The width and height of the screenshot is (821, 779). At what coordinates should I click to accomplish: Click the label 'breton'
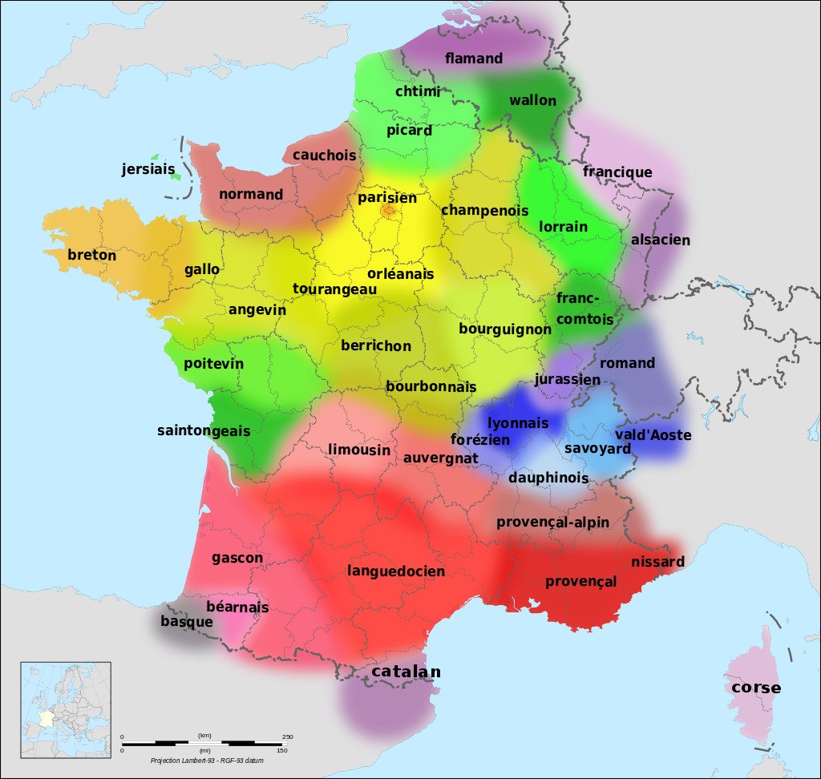pos(91,256)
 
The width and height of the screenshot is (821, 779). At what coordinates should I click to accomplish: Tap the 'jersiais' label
pos(148,169)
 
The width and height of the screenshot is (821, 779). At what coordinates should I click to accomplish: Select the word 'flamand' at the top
pos(474,59)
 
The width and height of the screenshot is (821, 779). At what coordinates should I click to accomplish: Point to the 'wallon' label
pos(532,100)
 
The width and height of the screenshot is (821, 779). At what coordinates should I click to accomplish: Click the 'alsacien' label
pos(660,240)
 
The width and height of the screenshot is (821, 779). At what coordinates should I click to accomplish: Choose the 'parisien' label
pos(387,197)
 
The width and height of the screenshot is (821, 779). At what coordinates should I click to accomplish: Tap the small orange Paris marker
pos(389,212)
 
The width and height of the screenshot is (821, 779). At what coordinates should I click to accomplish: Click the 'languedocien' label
pos(396,571)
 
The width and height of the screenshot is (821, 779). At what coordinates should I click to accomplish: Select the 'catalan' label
pos(406,672)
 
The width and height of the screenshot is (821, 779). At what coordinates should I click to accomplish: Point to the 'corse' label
pos(755,688)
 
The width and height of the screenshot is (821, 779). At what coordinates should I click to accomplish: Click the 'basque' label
pos(187,621)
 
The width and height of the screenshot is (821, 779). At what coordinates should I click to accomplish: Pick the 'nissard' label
pos(657,562)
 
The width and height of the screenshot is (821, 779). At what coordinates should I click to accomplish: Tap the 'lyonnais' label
pos(518,423)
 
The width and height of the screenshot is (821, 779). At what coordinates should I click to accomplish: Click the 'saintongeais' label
pos(204,430)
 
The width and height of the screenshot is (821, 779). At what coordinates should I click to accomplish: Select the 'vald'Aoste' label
pos(653,434)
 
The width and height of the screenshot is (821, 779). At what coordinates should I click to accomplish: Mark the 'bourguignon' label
pos(505,329)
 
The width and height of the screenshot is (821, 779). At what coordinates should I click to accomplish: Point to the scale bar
pos(204,742)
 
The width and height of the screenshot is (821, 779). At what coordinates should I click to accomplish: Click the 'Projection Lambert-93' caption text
pos(207,760)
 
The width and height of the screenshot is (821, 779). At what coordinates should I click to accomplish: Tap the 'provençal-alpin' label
pos(552,523)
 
